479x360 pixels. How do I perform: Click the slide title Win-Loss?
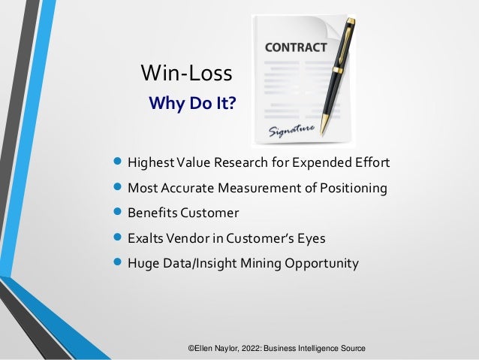[186, 74]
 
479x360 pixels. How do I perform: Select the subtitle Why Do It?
[191, 102]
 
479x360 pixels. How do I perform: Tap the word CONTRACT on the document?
[295, 47]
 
